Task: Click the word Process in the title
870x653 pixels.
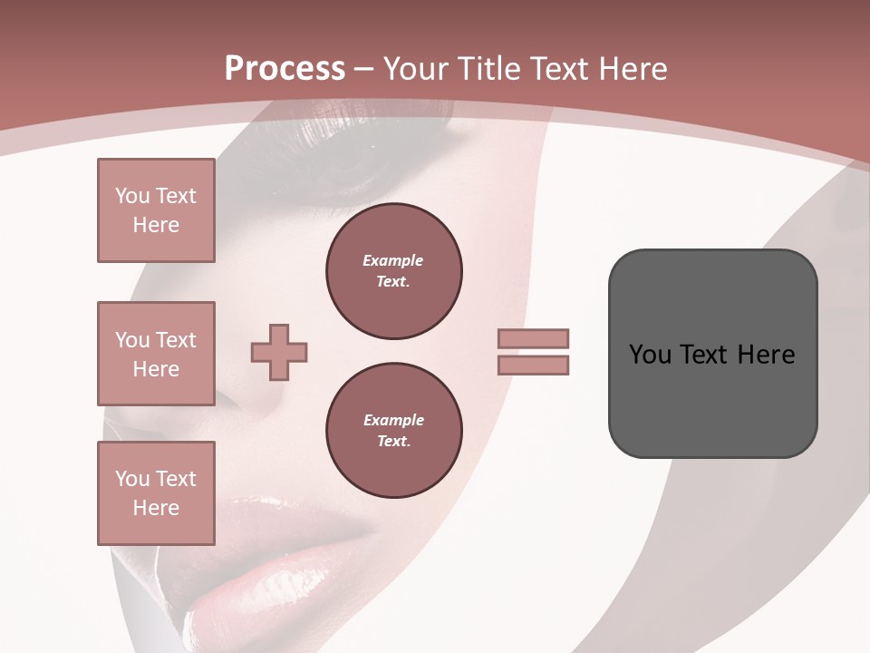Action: [285, 69]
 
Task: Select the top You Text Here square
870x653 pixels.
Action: [156, 210]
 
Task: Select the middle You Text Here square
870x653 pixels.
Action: [156, 354]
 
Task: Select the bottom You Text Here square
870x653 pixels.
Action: [156, 493]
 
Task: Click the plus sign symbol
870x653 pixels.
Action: [279, 352]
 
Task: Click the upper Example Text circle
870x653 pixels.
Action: [394, 271]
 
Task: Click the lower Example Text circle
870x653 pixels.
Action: [394, 431]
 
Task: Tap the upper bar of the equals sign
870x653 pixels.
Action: [533, 338]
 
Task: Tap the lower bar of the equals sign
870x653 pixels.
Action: [533, 365]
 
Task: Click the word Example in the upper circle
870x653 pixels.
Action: [392, 260]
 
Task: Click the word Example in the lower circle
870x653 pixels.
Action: [393, 420]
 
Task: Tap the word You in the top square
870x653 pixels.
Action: [130, 196]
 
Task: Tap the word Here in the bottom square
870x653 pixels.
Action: [156, 508]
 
